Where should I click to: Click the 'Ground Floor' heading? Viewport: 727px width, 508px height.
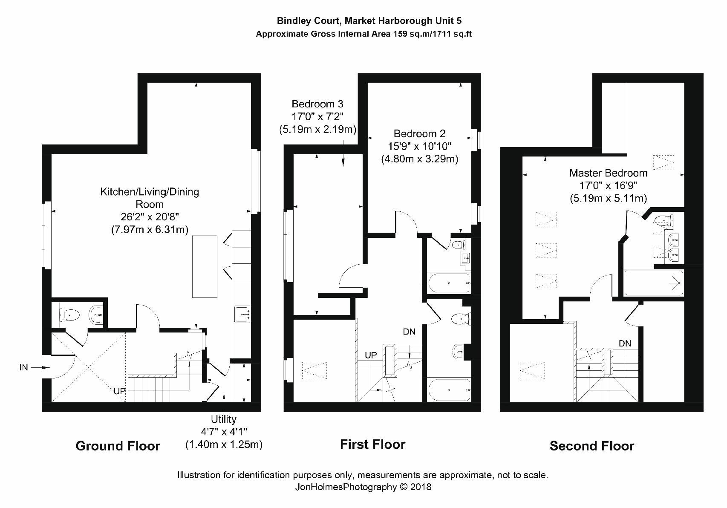tap(118, 446)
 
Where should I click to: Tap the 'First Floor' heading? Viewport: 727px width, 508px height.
tap(372, 444)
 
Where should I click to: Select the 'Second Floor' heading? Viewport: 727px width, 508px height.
tap(591, 446)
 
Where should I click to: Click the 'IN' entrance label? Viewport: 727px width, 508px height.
tap(24, 367)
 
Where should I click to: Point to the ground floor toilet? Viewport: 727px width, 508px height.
tap(69, 315)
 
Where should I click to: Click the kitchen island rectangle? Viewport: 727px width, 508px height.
tap(205, 266)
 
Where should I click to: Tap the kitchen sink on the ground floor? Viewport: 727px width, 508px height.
tap(242, 314)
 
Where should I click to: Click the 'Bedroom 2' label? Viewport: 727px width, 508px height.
tap(419, 133)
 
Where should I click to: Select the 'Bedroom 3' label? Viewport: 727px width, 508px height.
tap(317, 104)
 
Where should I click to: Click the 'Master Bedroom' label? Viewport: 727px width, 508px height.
tap(608, 173)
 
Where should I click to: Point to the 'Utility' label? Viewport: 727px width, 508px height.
tap(224, 419)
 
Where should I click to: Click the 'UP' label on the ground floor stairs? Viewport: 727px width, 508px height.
tap(119, 391)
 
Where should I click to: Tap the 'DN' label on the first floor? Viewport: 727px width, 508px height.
tap(409, 332)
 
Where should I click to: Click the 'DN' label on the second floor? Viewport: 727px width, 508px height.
tap(625, 343)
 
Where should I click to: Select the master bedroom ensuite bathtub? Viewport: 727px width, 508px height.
tap(654, 283)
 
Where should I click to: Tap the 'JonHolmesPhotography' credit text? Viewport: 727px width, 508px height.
tap(346, 487)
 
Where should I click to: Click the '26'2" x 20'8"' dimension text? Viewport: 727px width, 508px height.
tap(150, 216)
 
